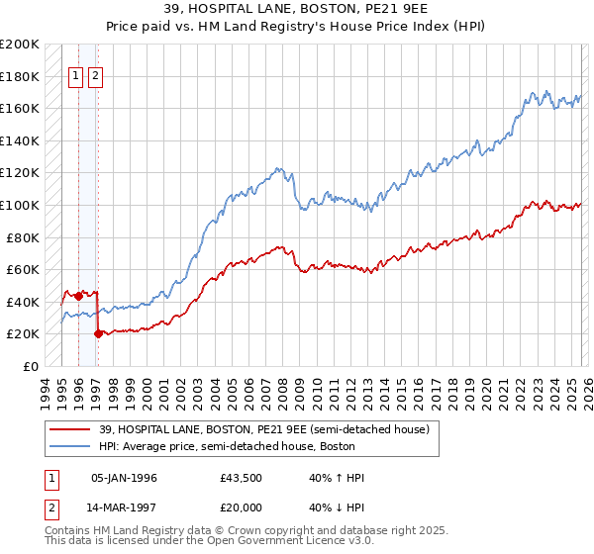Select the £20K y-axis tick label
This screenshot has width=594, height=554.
23,334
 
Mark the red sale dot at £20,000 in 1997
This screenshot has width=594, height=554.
98,334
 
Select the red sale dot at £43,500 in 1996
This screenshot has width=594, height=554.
78,296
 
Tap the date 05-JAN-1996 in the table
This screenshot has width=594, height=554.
124,478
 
